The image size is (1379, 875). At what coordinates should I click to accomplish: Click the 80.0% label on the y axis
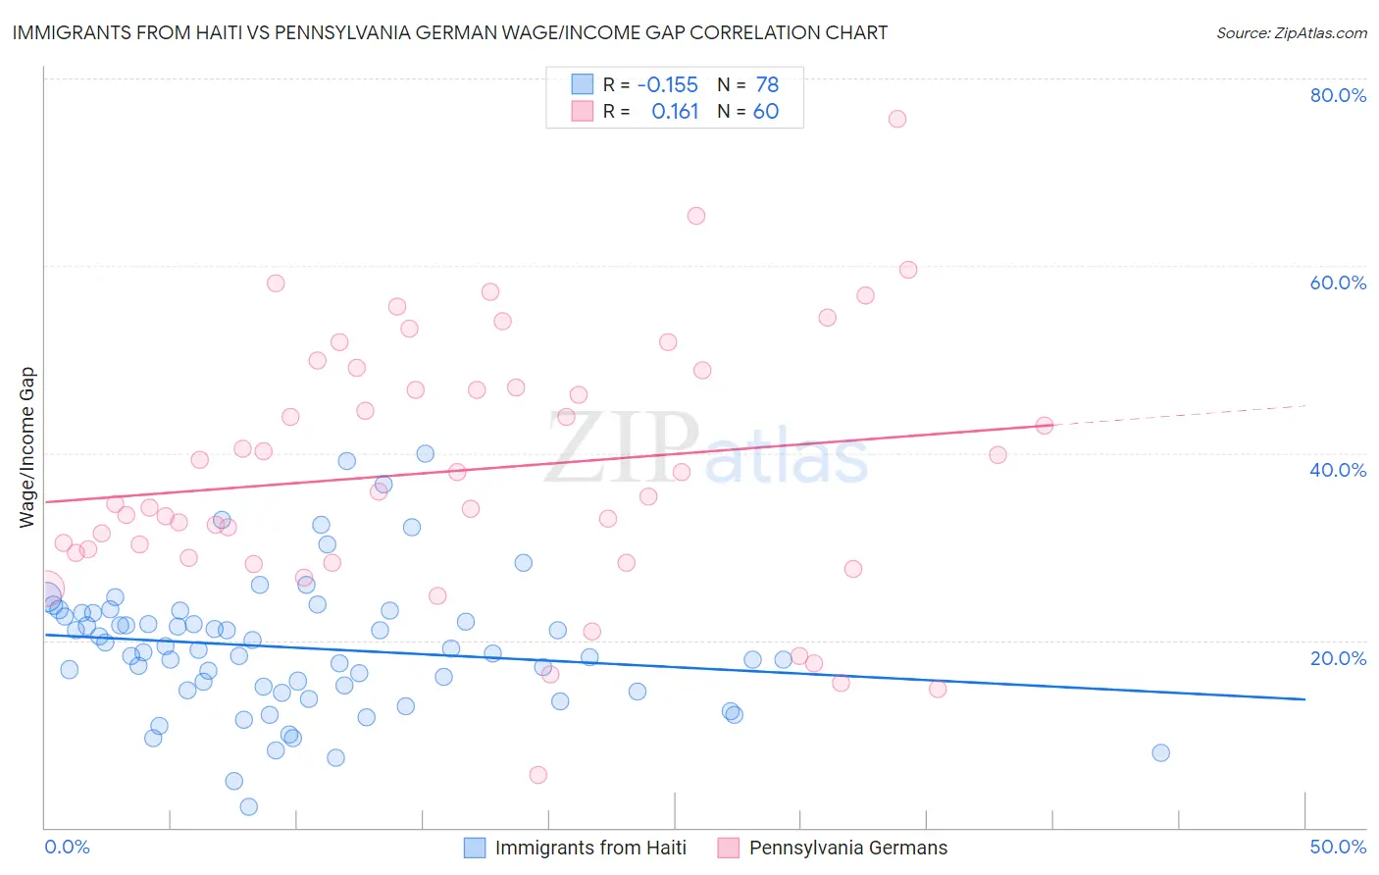coord(1338,95)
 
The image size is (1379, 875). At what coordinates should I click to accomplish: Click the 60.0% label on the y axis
coord(1338,283)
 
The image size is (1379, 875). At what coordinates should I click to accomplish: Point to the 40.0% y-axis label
coord(1338,470)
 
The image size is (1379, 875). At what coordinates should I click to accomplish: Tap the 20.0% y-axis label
coord(1338,658)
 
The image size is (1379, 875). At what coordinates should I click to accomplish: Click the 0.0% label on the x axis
coord(67,847)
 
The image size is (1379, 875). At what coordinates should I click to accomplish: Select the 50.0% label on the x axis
coord(1338,847)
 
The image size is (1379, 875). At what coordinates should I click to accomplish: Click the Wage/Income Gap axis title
coord(27,447)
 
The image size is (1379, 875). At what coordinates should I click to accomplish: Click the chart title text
coord(450,32)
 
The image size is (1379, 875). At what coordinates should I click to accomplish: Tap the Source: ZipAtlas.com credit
coord(1291,32)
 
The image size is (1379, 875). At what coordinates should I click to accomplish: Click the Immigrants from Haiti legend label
coord(590,848)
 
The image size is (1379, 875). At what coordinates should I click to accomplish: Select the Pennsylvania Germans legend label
coord(848,848)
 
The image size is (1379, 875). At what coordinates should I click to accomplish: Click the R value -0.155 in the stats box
coord(667,85)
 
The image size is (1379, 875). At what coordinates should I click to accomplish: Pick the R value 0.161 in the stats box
coord(675,112)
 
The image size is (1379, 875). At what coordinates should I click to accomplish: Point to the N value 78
coord(767,85)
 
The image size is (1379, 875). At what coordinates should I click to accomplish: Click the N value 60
coord(766,112)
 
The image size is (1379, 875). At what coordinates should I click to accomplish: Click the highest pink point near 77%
coord(896,119)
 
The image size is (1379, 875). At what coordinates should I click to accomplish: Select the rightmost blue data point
coord(1160,752)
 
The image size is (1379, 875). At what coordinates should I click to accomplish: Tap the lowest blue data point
coord(248,806)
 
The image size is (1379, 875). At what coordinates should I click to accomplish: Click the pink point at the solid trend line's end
coord(1044,425)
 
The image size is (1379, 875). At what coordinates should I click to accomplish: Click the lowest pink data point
coord(537,775)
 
